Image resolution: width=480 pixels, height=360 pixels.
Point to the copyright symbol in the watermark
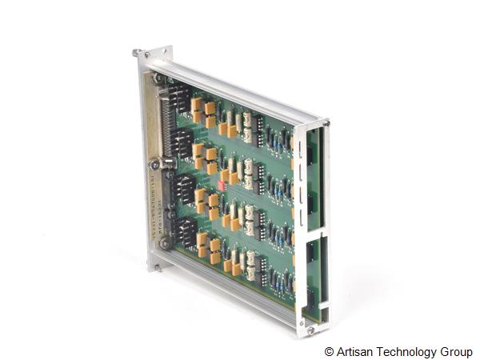329,351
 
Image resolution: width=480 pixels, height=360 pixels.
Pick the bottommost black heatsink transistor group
186,231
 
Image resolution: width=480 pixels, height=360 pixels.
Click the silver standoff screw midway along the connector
170,163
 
